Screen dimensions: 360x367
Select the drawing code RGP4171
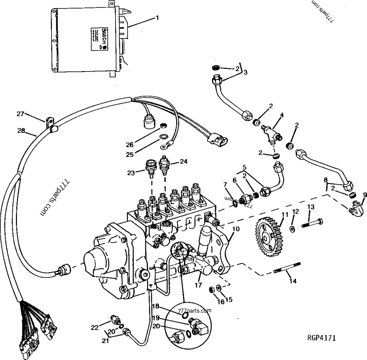[x=322, y=338]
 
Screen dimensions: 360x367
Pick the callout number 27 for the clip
[x=20, y=114]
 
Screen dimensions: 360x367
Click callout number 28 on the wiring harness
[x=21, y=131]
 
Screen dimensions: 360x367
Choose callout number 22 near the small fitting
[x=95, y=327]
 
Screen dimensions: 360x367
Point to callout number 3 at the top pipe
[x=245, y=72]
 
